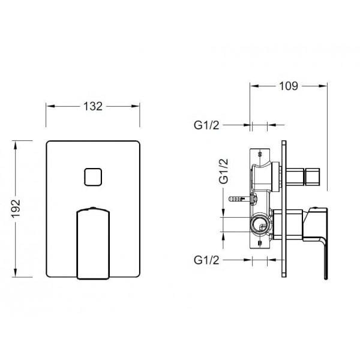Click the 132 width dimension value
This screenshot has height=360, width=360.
93,106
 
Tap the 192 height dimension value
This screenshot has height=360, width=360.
16,208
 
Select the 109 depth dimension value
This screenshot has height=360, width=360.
289,86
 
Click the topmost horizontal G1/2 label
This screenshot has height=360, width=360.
206,125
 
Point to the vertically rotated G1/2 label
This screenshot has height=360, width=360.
224,171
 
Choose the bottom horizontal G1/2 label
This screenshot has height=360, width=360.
206,260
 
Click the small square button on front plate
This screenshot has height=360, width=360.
93,177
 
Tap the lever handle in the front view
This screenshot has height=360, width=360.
93,243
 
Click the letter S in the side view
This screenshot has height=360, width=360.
260,154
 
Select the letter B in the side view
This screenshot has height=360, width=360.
260,243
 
